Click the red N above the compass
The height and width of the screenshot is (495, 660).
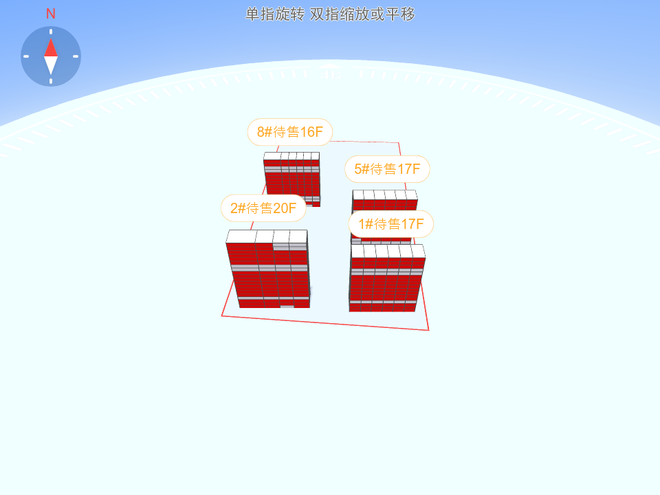click(50, 14)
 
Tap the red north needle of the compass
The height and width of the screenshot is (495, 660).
click(51, 47)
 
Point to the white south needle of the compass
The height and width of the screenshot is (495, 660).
click(51, 65)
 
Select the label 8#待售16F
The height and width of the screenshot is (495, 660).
click(290, 132)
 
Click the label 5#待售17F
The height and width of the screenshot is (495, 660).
click(387, 169)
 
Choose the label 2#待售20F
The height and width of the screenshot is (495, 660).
click(263, 208)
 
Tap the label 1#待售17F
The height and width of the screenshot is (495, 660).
click(391, 224)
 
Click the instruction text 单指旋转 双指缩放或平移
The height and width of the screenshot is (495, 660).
click(331, 14)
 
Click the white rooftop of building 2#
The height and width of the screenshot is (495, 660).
click(267, 236)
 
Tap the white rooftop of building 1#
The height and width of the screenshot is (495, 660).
click(388, 252)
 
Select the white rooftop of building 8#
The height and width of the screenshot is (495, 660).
click(291, 156)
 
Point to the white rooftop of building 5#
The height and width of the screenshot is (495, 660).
click(385, 195)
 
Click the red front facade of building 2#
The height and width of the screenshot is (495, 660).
click(270, 276)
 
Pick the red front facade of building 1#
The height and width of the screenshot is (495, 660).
click(386, 285)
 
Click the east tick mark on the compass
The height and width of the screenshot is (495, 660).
click(76, 56)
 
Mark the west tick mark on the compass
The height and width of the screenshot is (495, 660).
click(26, 56)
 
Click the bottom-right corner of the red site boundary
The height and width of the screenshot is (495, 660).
click(428, 331)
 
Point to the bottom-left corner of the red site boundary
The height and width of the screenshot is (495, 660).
click(222, 316)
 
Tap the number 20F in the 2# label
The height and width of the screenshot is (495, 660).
click(285, 208)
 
